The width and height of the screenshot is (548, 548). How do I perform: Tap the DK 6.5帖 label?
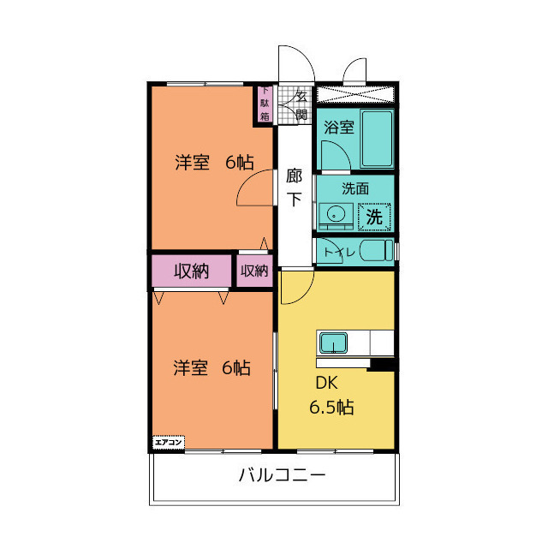[x=331, y=396]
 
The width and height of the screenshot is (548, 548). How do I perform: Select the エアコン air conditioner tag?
[x=168, y=442]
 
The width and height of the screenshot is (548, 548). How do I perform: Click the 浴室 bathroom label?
[x=338, y=128]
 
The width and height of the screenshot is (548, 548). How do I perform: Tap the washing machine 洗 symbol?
[x=375, y=216]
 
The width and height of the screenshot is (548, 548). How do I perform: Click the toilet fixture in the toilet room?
[x=375, y=252]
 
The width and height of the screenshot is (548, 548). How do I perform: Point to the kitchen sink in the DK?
[x=333, y=344]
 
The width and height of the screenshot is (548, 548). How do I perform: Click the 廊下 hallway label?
[x=294, y=188]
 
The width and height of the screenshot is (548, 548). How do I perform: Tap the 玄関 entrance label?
[x=301, y=104]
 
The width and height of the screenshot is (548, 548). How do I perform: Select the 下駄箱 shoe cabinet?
[x=265, y=104]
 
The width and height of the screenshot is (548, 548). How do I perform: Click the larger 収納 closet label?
[x=192, y=271]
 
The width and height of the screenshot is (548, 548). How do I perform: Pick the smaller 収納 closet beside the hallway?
[x=254, y=271]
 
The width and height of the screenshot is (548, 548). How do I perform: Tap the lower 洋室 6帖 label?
[x=211, y=368]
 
